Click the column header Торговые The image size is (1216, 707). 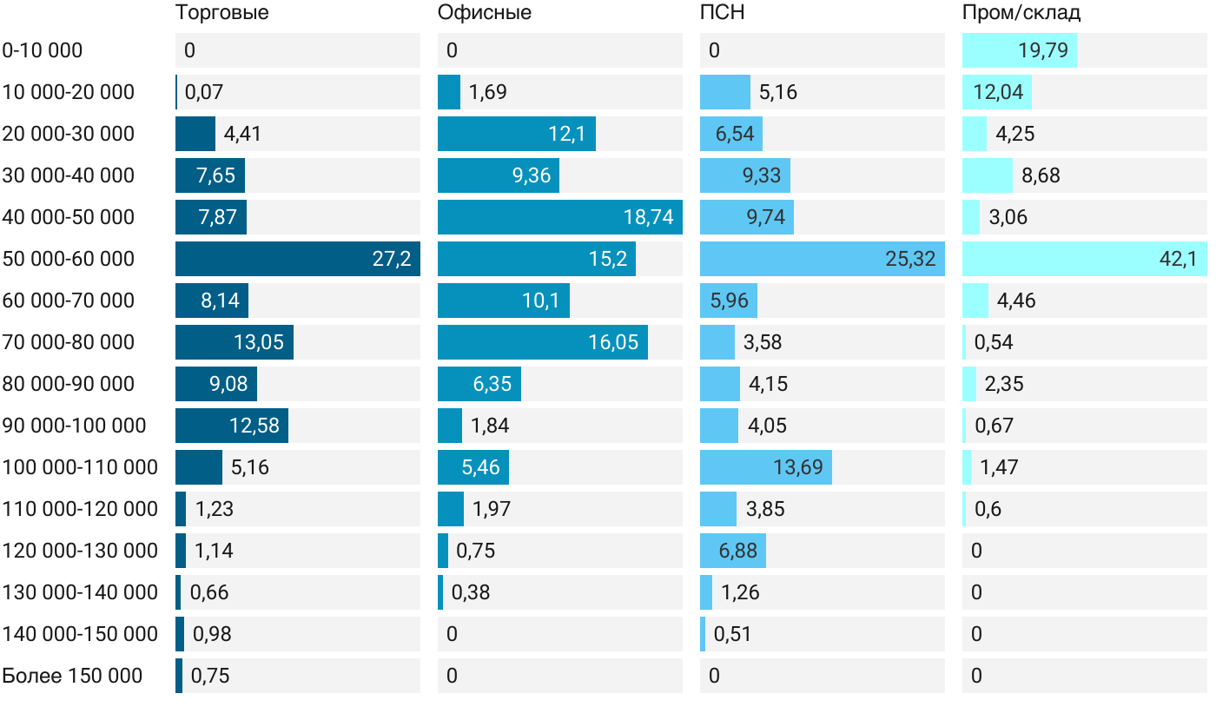(x=221, y=13)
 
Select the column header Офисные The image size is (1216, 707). (x=485, y=13)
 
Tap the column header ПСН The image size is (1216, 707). (x=723, y=13)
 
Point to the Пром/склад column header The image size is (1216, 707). (x=1021, y=13)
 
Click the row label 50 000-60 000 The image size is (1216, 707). (x=69, y=259)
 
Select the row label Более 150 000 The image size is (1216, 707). (x=72, y=676)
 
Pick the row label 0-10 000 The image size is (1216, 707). (x=43, y=50)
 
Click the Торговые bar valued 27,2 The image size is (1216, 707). (x=297, y=259)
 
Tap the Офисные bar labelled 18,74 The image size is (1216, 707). (x=559, y=217)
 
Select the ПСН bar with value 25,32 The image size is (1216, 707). (x=822, y=259)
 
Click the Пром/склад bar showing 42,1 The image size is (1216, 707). (x=1084, y=259)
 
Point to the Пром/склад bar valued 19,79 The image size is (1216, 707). (x=1019, y=50)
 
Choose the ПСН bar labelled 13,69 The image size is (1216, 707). (x=765, y=467)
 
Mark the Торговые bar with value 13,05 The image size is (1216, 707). (x=234, y=342)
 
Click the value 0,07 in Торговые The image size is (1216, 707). (x=204, y=92)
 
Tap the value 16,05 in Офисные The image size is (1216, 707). (x=613, y=342)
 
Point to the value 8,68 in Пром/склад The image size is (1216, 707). (x=1041, y=175)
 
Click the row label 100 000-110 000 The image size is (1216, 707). (x=80, y=467)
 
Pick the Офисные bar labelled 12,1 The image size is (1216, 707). (x=516, y=134)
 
